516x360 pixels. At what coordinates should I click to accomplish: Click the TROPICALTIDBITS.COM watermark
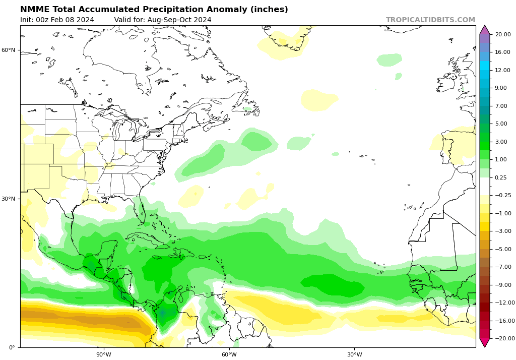[430, 20]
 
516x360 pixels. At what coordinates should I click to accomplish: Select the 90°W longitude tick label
[104, 354]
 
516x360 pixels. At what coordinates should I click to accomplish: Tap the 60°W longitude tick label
[229, 354]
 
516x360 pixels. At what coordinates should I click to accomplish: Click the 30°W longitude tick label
[354, 354]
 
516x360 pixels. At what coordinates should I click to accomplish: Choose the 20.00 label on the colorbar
[503, 34]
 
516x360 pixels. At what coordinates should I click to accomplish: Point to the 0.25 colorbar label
[501, 177]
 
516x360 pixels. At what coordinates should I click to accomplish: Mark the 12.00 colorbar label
[503, 70]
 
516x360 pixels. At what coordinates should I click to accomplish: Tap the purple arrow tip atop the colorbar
[485, 29]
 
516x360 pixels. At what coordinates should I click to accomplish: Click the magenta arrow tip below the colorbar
[485, 343]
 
